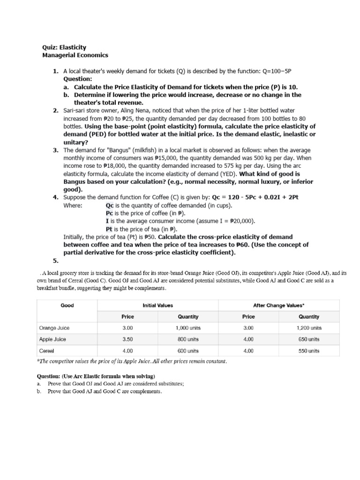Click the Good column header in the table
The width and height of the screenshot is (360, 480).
click(x=67, y=305)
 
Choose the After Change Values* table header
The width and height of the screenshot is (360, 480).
click(x=278, y=305)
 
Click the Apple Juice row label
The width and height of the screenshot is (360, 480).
click(x=52, y=339)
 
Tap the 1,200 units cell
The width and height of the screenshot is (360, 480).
click(x=309, y=328)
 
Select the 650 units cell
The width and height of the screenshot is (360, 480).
click(x=309, y=339)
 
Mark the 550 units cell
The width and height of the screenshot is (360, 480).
click(x=309, y=350)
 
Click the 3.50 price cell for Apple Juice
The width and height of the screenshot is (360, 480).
click(x=127, y=339)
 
